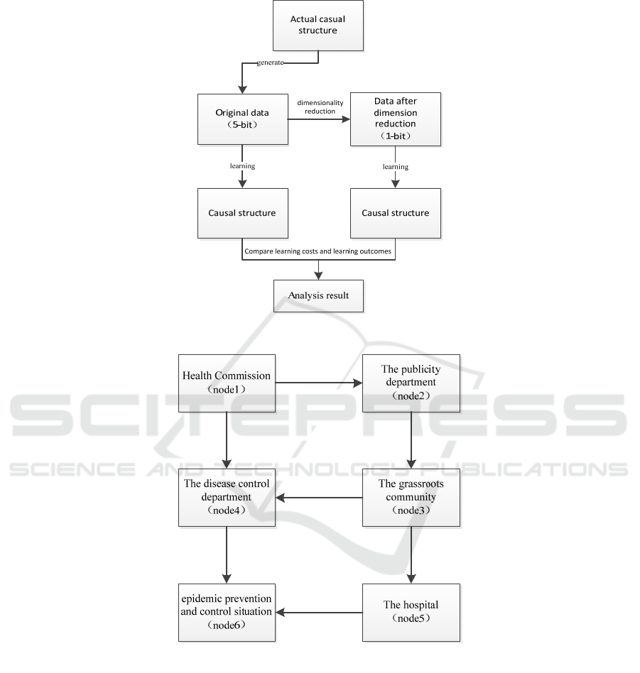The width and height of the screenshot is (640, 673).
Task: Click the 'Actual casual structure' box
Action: pyautogui.click(x=318, y=26)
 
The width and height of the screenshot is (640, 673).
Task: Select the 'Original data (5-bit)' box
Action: pyautogui.click(x=243, y=119)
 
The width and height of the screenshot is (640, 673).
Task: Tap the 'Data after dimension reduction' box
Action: pyautogui.click(x=396, y=119)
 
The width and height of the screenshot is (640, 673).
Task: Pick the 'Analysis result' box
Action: pyautogui.click(x=318, y=296)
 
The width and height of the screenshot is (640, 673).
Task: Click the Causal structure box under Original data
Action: pyautogui.click(x=243, y=213)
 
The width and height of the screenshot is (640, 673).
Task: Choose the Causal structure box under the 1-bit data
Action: pyautogui.click(x=396, y=213)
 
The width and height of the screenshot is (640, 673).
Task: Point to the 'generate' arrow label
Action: pyautogui.click(x=270, y=62)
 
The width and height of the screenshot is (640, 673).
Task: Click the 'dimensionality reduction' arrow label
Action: pyautogui.click(x=320, y=107)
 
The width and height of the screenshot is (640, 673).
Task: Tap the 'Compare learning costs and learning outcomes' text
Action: pyautogui.click(x=318, y=251)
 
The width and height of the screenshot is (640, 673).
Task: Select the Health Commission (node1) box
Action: pyautogui.click(x=227, y=383)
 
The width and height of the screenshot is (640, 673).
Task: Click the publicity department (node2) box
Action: pyautogui.click(x=411, y=383)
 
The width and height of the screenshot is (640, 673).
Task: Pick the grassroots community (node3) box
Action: pyautogui.click(x=411, y=498)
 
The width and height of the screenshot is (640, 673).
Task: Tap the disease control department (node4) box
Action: pyautogui.click(x=227, y=498)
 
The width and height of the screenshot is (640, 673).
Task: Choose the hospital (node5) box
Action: pyautogui.click(x=411, y=613)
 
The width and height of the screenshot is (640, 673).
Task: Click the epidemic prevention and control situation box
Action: pyautogui.click(x=227, y=613)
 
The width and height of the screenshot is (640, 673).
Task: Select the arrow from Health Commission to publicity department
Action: pyautogui.click(x=319, y=383)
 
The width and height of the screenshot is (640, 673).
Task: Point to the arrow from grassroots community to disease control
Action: pyautogui.click(x=319, y=498)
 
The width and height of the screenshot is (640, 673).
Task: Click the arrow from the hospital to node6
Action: pyautogui.click(x=319, y=613)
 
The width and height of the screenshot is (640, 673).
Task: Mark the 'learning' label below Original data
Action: pyautogui.click(x=242, y=166)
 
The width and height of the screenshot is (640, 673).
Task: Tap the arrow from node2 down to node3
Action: pyautogui.click(x=411, y=440)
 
